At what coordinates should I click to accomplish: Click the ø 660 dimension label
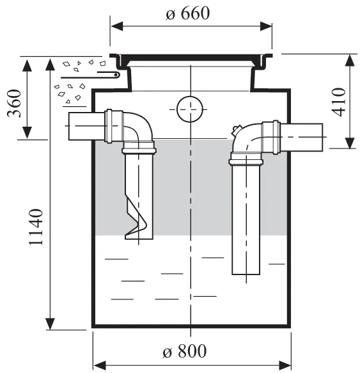tap(187, 13)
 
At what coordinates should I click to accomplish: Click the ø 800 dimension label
tap(185, 351)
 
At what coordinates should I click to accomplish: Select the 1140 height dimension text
tap(36, 227)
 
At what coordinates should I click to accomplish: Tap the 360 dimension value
tap(14, 103)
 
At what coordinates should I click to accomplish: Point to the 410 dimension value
tap(339, 102)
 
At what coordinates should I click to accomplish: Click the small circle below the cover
tap(190, 109)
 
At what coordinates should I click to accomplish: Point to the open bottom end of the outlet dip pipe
tap(246, 274)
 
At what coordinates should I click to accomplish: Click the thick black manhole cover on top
tap(191, 58)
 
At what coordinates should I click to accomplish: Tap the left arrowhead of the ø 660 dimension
tap(117, 26)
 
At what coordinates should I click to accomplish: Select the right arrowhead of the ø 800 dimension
tap(285, 365)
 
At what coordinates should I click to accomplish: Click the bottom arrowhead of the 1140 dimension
tap(50, 324)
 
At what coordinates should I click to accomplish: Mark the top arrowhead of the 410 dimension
tap(350, 60)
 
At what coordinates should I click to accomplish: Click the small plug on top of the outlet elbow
tap(237, 130)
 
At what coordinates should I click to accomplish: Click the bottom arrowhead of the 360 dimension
tap(27, 132)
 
